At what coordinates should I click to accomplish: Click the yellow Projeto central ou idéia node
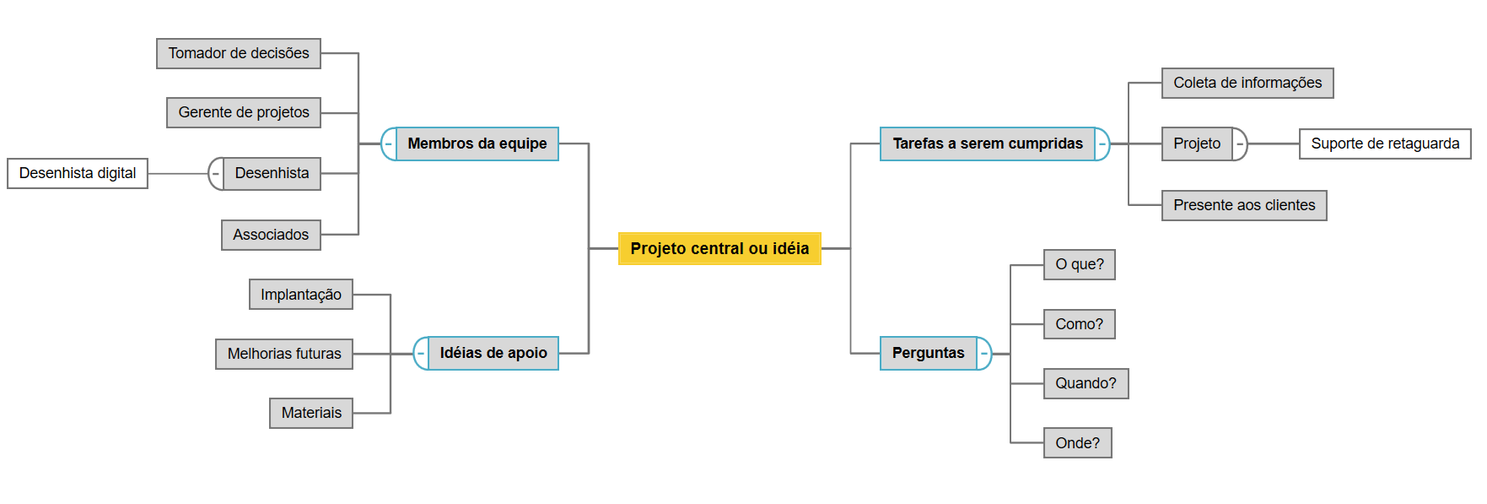click(x=719, y=248)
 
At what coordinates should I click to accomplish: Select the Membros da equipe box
click(x=477, y=144)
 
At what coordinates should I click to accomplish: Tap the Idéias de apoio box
click(x=493, y=353)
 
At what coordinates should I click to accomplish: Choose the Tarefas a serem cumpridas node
click(x=987, y=144)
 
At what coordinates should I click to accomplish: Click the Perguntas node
click(x=928, y=353)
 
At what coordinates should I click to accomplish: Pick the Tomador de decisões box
click(x=239, y=53)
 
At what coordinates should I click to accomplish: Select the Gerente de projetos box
click(x=244, y=112)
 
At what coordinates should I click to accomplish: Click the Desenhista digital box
click(x=78, y=173)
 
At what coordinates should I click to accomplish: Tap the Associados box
click(x=271, y=235)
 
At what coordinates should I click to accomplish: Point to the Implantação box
click(x=301, y=295)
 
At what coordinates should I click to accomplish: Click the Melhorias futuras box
click(x=284, y=354)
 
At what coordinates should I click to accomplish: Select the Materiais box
click(x=311, y=413)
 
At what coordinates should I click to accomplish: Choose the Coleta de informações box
click(x=1247, y=83)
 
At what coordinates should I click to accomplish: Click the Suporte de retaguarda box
click(x=1385, y=144)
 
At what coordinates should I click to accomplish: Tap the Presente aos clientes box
click(x=1244, y=205)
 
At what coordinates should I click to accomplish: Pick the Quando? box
click(x=1086, y=383)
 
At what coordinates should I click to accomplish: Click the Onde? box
click(x=1077, y=443)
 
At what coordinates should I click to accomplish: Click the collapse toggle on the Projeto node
click(x=1240, y=144)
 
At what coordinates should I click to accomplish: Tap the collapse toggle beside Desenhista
click(x=216, y=174)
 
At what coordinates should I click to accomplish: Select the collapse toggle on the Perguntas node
click(x=984, y=354)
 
